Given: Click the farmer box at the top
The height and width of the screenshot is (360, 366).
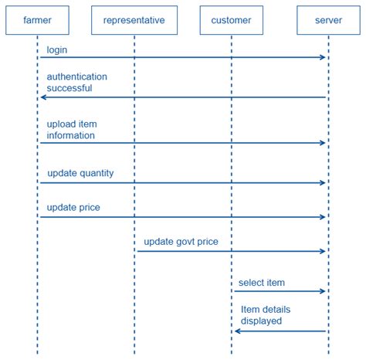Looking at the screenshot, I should point(37,20).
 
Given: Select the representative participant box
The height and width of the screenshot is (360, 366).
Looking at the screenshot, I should point(134,20).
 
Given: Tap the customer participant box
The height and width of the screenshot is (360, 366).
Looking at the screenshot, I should point(231,20).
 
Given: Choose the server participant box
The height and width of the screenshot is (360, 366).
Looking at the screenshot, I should point(328,20).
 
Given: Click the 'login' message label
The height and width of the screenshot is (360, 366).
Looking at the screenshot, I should point(56,49).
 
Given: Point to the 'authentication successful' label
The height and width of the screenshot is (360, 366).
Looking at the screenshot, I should point(76,82).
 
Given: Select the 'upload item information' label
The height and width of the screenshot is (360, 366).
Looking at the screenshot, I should point(71,130).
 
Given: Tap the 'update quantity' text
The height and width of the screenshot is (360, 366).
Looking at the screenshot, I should point(80,173).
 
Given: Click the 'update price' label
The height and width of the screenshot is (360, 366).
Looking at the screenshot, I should point(73,207).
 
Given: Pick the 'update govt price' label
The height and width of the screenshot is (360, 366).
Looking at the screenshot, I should point(181,242).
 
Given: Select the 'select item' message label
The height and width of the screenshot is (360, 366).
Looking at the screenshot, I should point(262,283).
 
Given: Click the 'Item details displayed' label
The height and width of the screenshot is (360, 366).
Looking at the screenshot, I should point(266,314).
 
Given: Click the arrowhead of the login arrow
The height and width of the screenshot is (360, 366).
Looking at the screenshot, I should point(324,57).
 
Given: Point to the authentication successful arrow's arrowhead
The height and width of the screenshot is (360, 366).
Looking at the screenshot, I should point(43,97).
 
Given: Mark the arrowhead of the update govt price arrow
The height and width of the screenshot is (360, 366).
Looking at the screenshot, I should point(324,251).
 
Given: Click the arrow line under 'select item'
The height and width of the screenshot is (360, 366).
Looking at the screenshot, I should point(278,291).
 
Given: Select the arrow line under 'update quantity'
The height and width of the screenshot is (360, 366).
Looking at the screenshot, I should point(181,183).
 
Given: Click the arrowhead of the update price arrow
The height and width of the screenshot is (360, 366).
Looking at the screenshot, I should point(324,217).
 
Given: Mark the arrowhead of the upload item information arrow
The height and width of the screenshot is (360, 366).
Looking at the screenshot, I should point(324,143).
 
